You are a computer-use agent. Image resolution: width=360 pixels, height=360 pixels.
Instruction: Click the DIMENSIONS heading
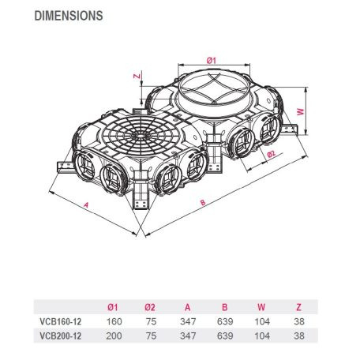click(x=69, y=16)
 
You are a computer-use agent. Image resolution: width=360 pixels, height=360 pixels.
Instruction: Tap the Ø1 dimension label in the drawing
click(x=211, y=60)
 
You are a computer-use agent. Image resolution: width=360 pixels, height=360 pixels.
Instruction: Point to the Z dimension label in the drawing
click(x=137, y=76)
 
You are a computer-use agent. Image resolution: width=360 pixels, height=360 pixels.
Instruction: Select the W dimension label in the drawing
click(x=301, y=111)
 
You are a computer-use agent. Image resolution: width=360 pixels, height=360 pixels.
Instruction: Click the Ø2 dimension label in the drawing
click(x=271, y=154)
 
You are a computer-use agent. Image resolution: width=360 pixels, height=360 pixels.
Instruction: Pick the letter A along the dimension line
click(x=86, y=204)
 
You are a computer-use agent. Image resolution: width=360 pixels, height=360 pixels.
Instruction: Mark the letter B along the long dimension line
click(x=203, y=202)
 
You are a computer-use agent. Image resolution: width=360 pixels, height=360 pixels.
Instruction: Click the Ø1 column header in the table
click(x=113, y=307)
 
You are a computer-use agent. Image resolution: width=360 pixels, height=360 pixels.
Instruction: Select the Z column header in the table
click(x=298, y=307)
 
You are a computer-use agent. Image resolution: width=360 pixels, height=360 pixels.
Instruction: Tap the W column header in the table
click(x=261, y=307)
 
